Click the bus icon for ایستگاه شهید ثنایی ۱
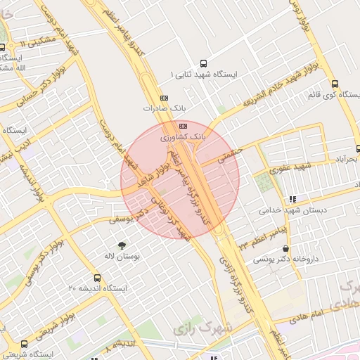[x=204, y=62]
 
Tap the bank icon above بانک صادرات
[x=165, y=98]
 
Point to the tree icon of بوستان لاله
[x=122, y=245]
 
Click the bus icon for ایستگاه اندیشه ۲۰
[x=97, y=277]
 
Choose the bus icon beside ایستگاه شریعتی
[x=25, y=345]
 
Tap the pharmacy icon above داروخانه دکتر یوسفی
[x=285, y=248]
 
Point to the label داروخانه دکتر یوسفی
[x=285, y=259]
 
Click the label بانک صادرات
[x=157, y=109]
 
